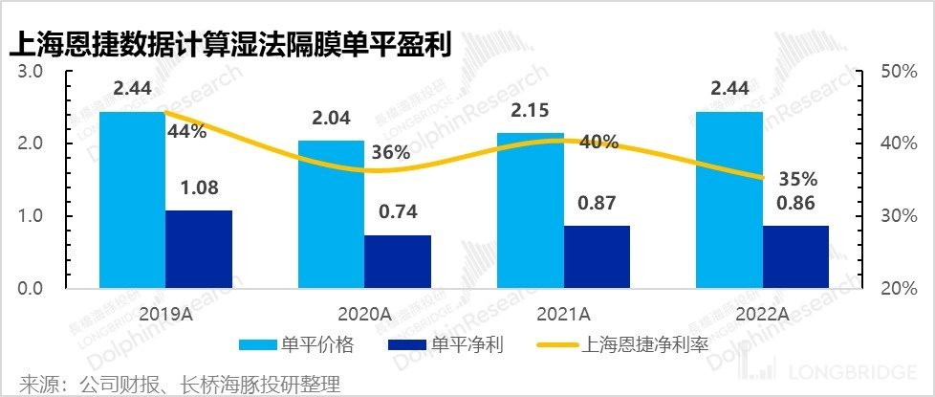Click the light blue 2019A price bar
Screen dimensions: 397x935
click(132, 200)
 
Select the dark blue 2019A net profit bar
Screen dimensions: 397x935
click(199, 249)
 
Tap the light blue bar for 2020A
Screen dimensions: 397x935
click(332, 214)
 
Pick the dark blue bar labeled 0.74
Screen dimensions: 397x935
click(398, 261)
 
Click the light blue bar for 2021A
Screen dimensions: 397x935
click(531, 210)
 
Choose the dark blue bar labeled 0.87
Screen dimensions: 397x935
click(597, 256)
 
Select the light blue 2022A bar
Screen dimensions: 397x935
click(729, 200)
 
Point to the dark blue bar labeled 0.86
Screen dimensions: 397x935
click(795, 256)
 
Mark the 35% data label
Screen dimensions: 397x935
click(797, 178)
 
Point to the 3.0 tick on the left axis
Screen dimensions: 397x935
click(32, 72)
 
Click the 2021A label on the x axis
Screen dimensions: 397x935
click(565, 313)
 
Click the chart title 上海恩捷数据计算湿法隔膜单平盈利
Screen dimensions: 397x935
click(229, 44)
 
